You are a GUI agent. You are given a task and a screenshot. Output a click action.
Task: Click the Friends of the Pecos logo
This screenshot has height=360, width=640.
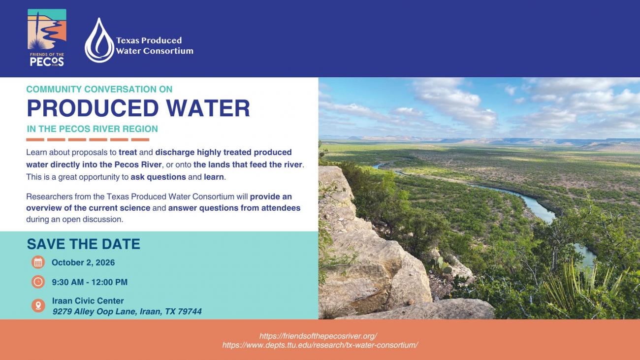click(47, 38)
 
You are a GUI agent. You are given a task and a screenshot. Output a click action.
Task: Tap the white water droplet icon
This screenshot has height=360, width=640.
click(99, 40)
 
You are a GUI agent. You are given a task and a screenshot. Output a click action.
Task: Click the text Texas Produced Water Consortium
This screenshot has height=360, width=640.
click(155, 45)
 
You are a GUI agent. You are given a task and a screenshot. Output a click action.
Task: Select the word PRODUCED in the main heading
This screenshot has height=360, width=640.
click(93, 108)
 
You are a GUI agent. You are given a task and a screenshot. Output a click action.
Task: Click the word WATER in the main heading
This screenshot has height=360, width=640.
click(208, 108)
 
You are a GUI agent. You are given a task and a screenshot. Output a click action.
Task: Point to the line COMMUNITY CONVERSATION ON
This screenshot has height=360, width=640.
click(99, 89)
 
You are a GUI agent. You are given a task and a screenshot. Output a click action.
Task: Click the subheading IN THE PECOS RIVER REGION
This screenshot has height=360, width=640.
click(92, 129)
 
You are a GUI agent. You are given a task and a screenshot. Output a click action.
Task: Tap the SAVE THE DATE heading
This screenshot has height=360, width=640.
click(83, 244)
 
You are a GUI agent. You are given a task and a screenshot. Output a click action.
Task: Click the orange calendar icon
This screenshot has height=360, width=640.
click(38, 262)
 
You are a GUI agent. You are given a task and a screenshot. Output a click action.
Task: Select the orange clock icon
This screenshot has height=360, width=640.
click(38, 282)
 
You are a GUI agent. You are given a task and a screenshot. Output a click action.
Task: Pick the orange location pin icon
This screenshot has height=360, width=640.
click(38, 305)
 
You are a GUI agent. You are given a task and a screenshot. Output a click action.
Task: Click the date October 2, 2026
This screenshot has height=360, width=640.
click(83, 262)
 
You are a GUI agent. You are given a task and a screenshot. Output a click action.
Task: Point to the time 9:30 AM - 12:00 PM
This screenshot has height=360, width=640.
click(90, 282)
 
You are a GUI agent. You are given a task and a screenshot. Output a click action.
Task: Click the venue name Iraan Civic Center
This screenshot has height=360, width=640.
click(88, 300)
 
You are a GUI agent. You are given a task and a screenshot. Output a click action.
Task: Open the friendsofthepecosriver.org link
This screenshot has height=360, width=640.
click(319, 336)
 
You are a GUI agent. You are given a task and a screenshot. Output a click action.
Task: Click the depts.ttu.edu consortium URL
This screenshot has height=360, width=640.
click(320, 345)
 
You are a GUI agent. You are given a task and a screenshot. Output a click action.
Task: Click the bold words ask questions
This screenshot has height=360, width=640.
click(159, 177)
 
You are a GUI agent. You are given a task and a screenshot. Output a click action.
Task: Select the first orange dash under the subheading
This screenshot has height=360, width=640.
click(35, 140)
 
